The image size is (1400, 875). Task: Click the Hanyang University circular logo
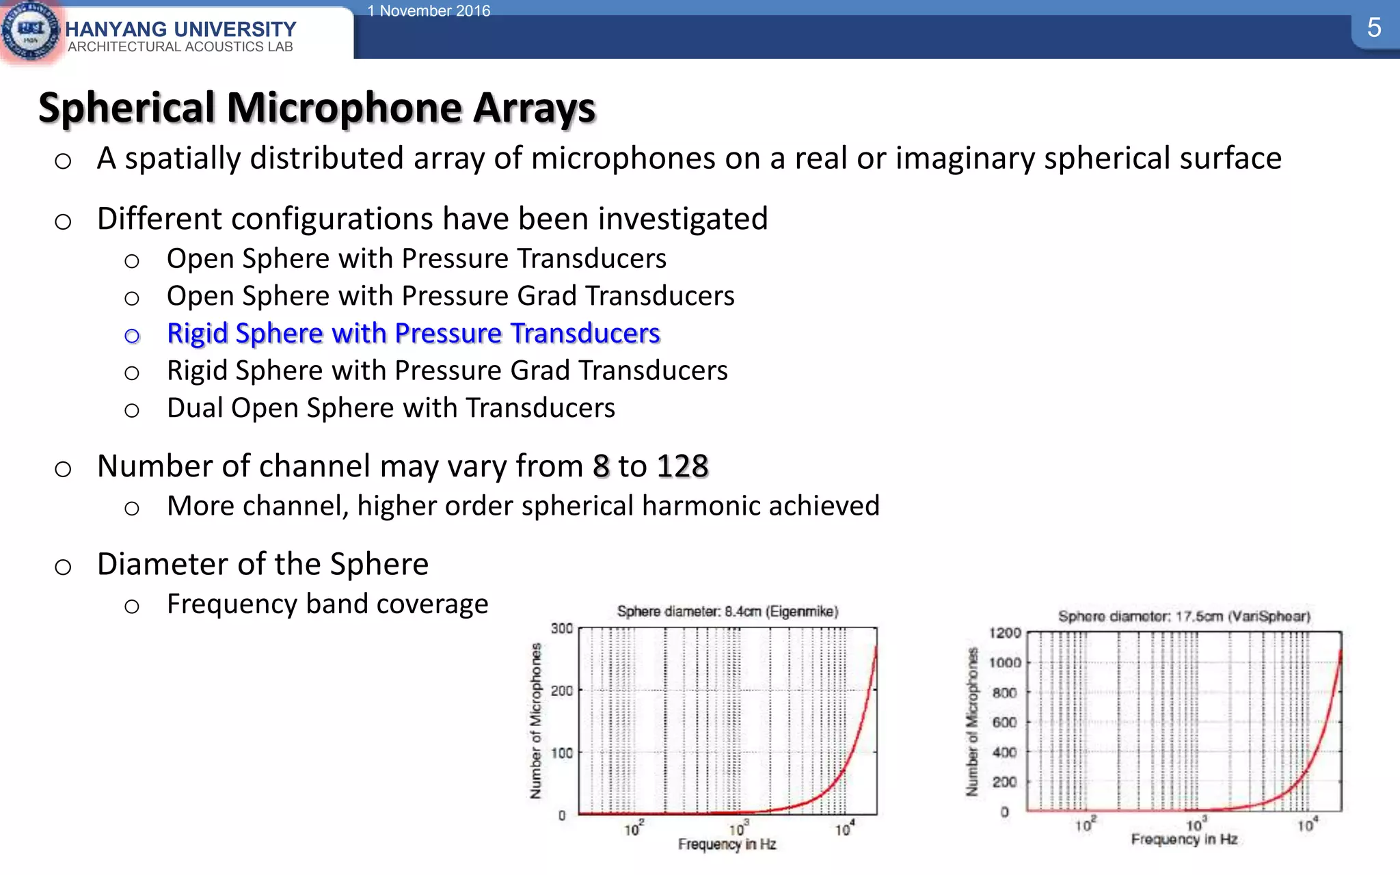[31, 31]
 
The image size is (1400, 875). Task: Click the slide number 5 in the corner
[1374, 28]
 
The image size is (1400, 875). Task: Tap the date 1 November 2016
[429, 11]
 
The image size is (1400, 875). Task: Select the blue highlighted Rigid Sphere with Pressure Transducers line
[413, 333]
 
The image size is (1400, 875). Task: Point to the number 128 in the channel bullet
[682, 466]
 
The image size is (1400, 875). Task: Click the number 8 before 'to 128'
[601, 466]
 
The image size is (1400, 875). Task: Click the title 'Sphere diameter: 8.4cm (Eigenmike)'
[727, 611]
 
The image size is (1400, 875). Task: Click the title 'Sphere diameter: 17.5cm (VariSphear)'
[1184, 616]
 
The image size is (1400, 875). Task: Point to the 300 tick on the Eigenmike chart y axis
[562, 628]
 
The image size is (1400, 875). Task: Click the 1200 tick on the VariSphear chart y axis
[1005, 633]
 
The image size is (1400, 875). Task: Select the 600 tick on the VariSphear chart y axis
[1005, 722]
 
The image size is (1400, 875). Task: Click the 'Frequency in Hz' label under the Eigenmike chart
[727, 844]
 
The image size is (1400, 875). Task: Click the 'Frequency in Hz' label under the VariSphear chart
[1184, 839]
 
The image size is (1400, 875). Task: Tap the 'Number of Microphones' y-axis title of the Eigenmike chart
[536, 721]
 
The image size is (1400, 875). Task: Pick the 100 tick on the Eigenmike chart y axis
[562, 753]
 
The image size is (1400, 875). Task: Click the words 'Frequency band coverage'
[327, 604]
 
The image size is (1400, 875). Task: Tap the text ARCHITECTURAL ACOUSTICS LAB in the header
[180, 46]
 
